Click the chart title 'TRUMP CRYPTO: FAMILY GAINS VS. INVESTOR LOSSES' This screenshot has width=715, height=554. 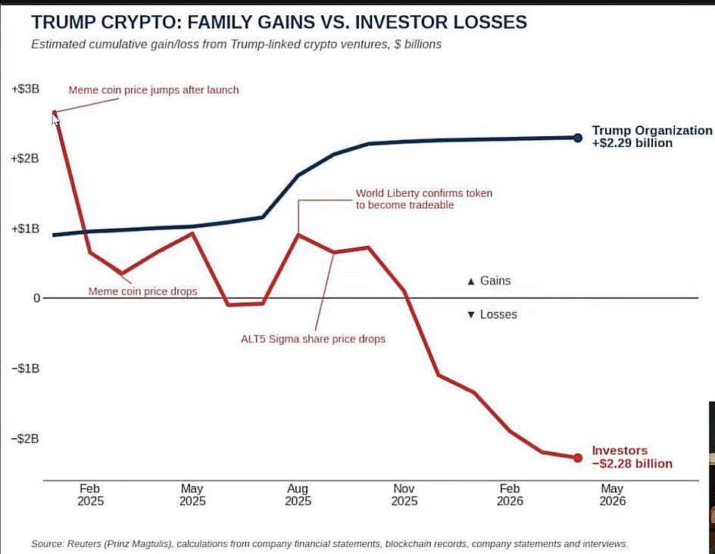[x=279, y=22]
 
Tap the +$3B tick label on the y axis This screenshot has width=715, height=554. [x=26, y=89]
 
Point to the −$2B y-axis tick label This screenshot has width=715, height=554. [x=26, y=439]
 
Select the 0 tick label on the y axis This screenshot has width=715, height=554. [x=36, y=298]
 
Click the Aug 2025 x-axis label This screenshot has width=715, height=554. [x=298, y=495]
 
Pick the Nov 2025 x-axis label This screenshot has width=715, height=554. [x=404, y=495]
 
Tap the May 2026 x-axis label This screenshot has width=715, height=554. [x=613, y=495]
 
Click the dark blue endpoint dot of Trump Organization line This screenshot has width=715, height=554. [x=578, y=138]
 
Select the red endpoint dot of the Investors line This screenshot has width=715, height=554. [x=578, y=457]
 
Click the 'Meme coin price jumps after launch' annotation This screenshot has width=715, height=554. [x=154, y=90]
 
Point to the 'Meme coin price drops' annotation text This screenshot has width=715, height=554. [x=142, y=291]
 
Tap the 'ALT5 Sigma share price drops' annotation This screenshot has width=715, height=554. [x=314, y=339]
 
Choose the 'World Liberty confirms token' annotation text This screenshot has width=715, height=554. [x=424, y=193]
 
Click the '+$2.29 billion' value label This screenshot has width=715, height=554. [x=632, y=143]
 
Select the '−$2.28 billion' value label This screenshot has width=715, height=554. [x=632, y=464]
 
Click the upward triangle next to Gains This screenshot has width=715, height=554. [x=471, y=282]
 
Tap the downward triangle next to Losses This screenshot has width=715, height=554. [x=471, y=315]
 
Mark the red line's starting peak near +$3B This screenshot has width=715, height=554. [x=55, y=112]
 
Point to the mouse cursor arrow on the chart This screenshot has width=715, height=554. [x=55, y=119]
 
